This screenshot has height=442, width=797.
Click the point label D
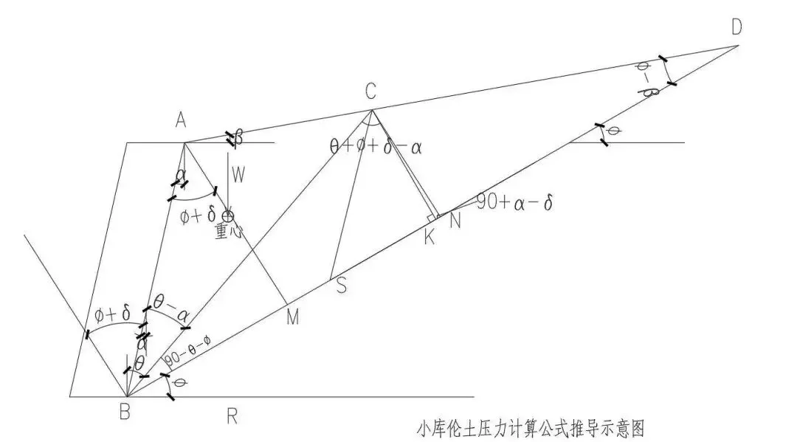[x=736, y=27]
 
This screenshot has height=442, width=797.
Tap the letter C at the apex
[x=370, y=91]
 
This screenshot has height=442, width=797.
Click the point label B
[x=125, y=412]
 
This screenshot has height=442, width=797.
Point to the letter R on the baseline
[x=232, y=416]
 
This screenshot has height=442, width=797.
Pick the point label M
[x=293, y=317]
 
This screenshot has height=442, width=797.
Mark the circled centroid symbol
[x=228, y=215]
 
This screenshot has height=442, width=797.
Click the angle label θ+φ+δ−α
[x=376, y=145]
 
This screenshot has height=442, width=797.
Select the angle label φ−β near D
[x=646, y=79]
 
